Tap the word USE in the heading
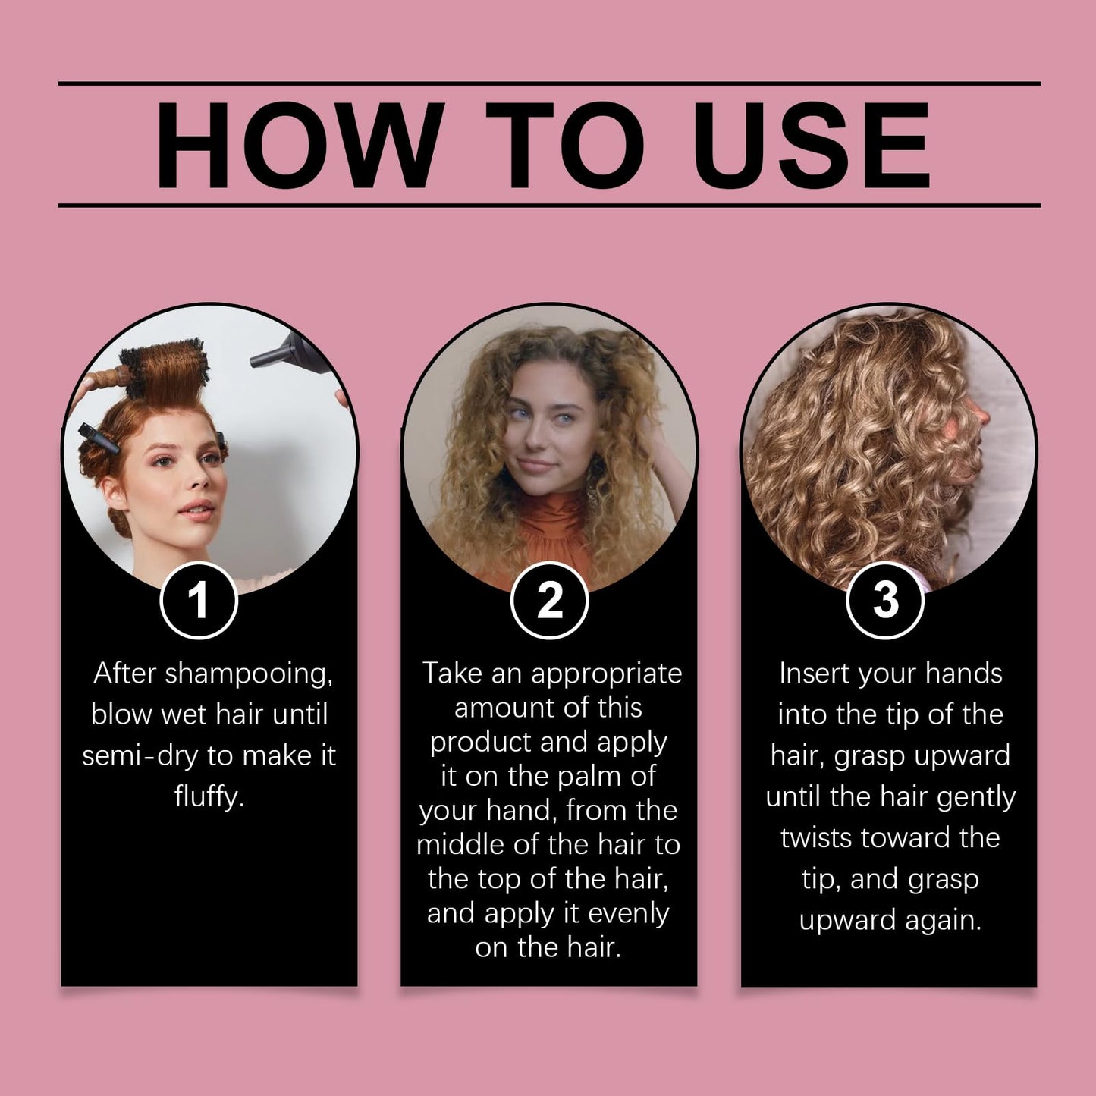coord(812,145)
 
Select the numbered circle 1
coord(199,601)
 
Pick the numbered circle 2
coord(549,601)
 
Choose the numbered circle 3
coord(885,601)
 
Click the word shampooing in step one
coord(248,674)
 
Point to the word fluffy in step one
coord(209,796)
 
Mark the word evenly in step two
coord(628,913)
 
